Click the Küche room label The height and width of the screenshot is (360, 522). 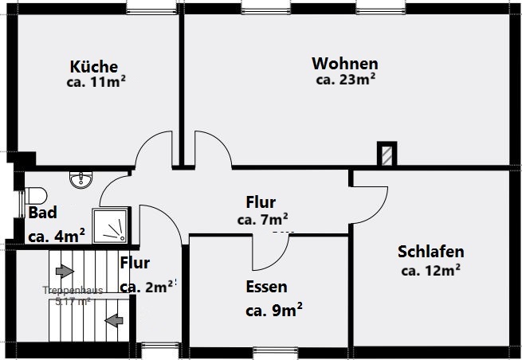(93, 67)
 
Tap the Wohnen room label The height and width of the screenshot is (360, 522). (345, 63)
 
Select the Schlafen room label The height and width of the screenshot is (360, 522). (430, 252)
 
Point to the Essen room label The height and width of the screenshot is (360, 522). (266, 287)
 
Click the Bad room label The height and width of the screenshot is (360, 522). (42, 213)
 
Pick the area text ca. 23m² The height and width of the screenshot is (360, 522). (346, 79)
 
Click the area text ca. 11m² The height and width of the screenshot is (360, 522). (97, 81)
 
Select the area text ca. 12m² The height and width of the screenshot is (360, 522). (430, 270)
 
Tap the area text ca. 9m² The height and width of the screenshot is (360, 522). (273, 309)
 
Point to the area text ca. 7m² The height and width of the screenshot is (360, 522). (262, 219)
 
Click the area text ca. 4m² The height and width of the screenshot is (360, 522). (57, 236)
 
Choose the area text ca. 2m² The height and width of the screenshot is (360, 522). (145, 287)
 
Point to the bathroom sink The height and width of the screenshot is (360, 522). (80, 180)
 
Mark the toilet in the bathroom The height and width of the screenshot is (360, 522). (36, 195)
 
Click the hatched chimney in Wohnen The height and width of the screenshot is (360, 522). (387, 154)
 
